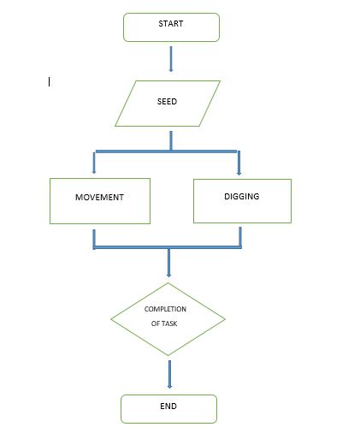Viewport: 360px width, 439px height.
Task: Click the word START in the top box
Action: click(171, 23)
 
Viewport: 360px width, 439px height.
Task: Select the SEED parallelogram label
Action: click(167, 101)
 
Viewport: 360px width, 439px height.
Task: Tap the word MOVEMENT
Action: click(99, 197)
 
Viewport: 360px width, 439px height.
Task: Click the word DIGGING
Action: click(242, 196)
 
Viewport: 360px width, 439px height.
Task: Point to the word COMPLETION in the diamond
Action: click(165, 309)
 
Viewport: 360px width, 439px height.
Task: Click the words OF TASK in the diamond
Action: click(164, 323)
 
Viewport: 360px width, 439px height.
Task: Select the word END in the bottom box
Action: click(168, 406)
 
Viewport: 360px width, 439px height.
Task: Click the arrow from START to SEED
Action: click(171, 59)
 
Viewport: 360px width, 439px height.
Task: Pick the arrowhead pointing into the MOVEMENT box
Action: click(94, 171)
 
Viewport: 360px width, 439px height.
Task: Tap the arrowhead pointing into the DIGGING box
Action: click(239, 173)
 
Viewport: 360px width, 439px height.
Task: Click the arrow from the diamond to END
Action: click(169, 374)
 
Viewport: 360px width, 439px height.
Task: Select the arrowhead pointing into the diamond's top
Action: click(168, 275)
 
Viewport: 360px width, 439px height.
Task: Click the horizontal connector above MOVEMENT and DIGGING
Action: click(167, 151)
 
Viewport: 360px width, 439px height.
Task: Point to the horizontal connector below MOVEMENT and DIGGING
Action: click(168, 247)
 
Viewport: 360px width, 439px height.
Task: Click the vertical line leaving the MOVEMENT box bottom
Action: click(94, 239)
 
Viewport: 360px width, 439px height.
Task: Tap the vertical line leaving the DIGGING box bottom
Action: click(240, 237)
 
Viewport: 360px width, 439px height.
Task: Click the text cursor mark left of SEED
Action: click(50, 82)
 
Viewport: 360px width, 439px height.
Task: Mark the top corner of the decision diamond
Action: click(168, 282)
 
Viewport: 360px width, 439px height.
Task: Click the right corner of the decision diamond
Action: click(225, 319)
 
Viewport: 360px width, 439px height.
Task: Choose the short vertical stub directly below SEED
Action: click(171, 140)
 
